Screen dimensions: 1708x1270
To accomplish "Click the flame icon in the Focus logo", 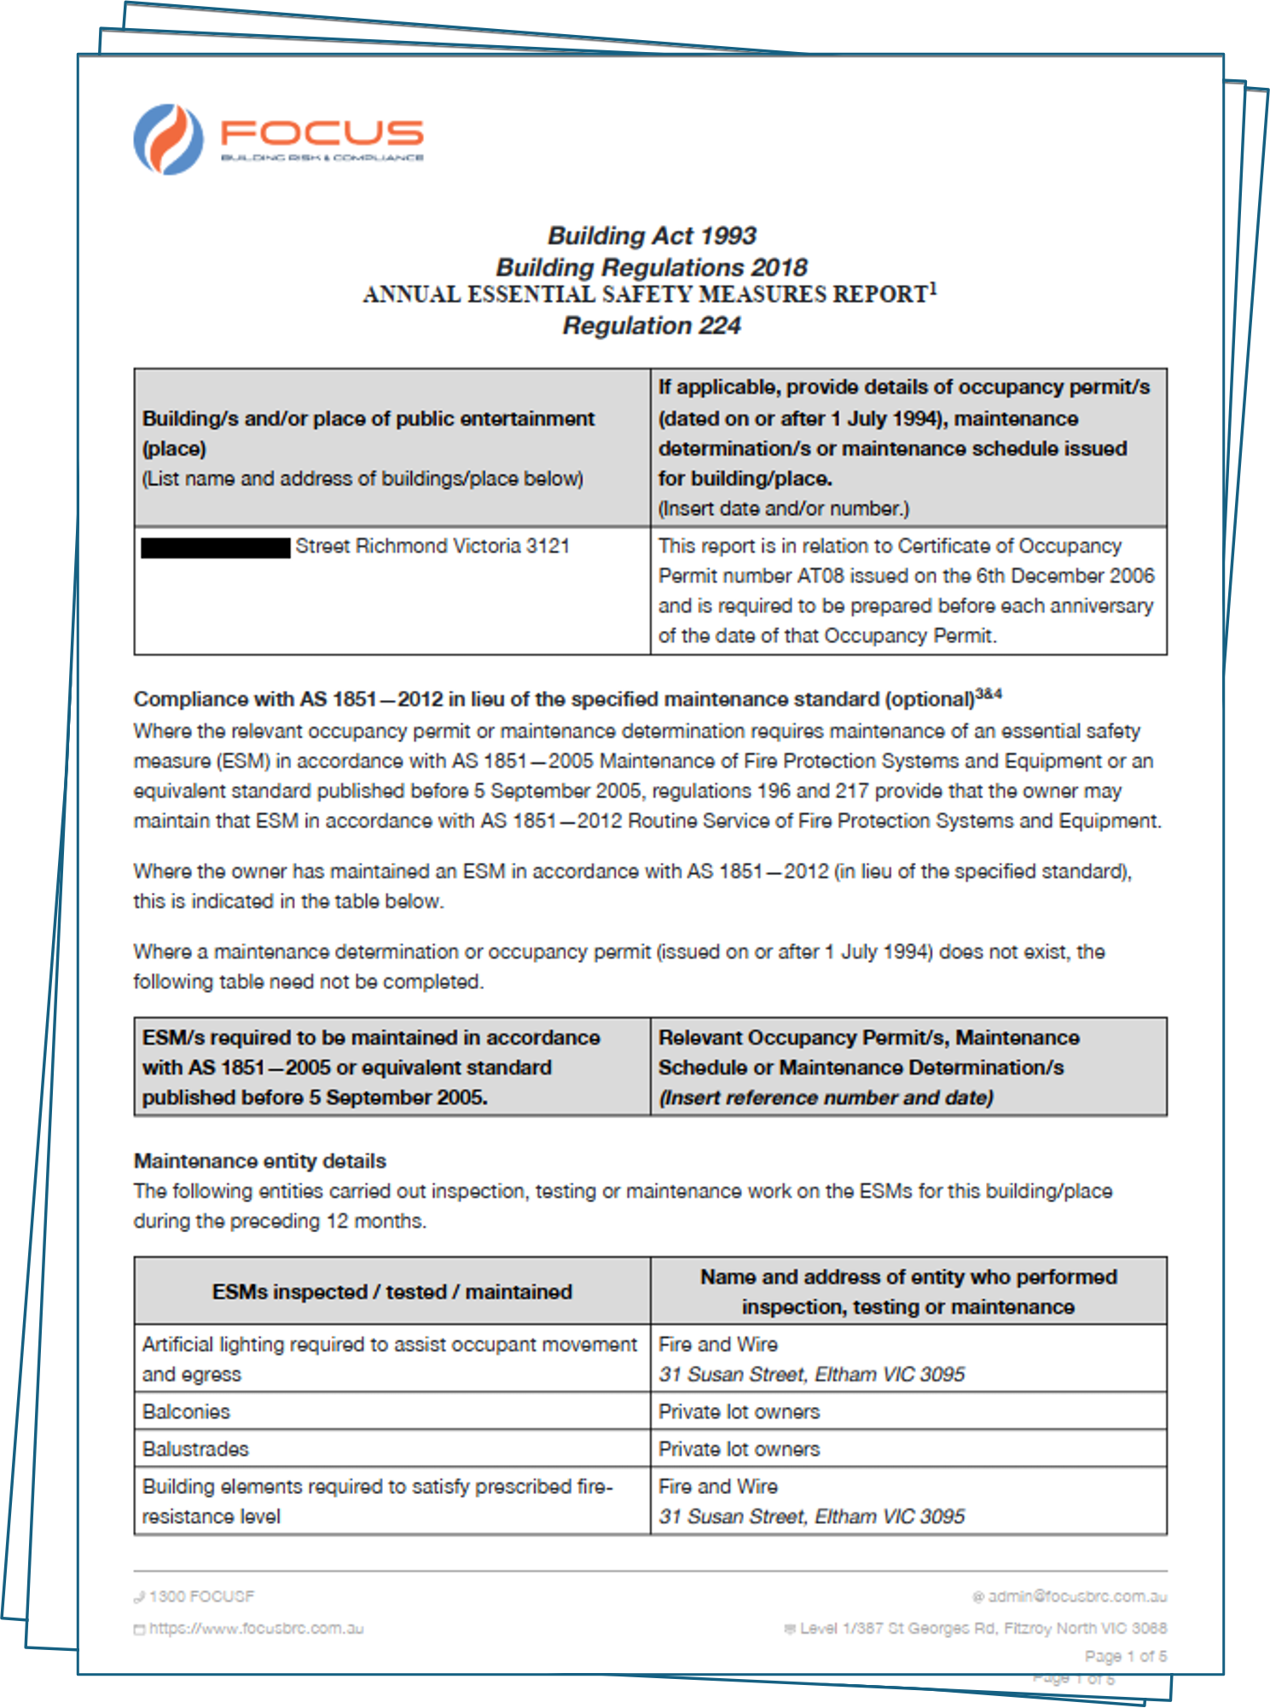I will tap(169, 139).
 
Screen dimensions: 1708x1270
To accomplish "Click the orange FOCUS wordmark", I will tap(322, 132).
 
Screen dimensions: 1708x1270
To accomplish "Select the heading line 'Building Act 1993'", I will tap(652, 235).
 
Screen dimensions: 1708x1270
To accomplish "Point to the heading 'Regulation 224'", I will tap(652, 326).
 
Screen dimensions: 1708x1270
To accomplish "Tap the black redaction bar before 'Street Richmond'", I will tap(216, 547).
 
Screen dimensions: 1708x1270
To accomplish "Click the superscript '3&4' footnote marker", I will tap(989, 694).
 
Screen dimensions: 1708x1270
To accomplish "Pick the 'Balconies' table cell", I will tap(186, 1411).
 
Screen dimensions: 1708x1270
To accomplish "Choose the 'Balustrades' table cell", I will tap(195, 1449).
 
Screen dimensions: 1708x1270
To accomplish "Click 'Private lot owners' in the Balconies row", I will tap(739, 1411).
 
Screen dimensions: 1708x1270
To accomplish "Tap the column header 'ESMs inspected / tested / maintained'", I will tap(391, 1292).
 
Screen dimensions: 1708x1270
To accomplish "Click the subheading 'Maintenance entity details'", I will tap(260, 1161).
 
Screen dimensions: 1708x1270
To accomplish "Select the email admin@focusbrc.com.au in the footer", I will tap(1076, 1596).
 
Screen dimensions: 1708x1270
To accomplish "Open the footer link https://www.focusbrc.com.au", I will tap(256, 1629).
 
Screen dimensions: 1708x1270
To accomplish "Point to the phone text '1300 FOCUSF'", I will tap(201, 1596).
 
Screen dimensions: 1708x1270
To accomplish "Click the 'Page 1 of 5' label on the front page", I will tap(1125, 1656).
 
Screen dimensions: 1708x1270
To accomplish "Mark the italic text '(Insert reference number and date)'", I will tap(826, 1097).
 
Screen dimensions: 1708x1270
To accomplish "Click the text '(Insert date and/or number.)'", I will tap(783, 508).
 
